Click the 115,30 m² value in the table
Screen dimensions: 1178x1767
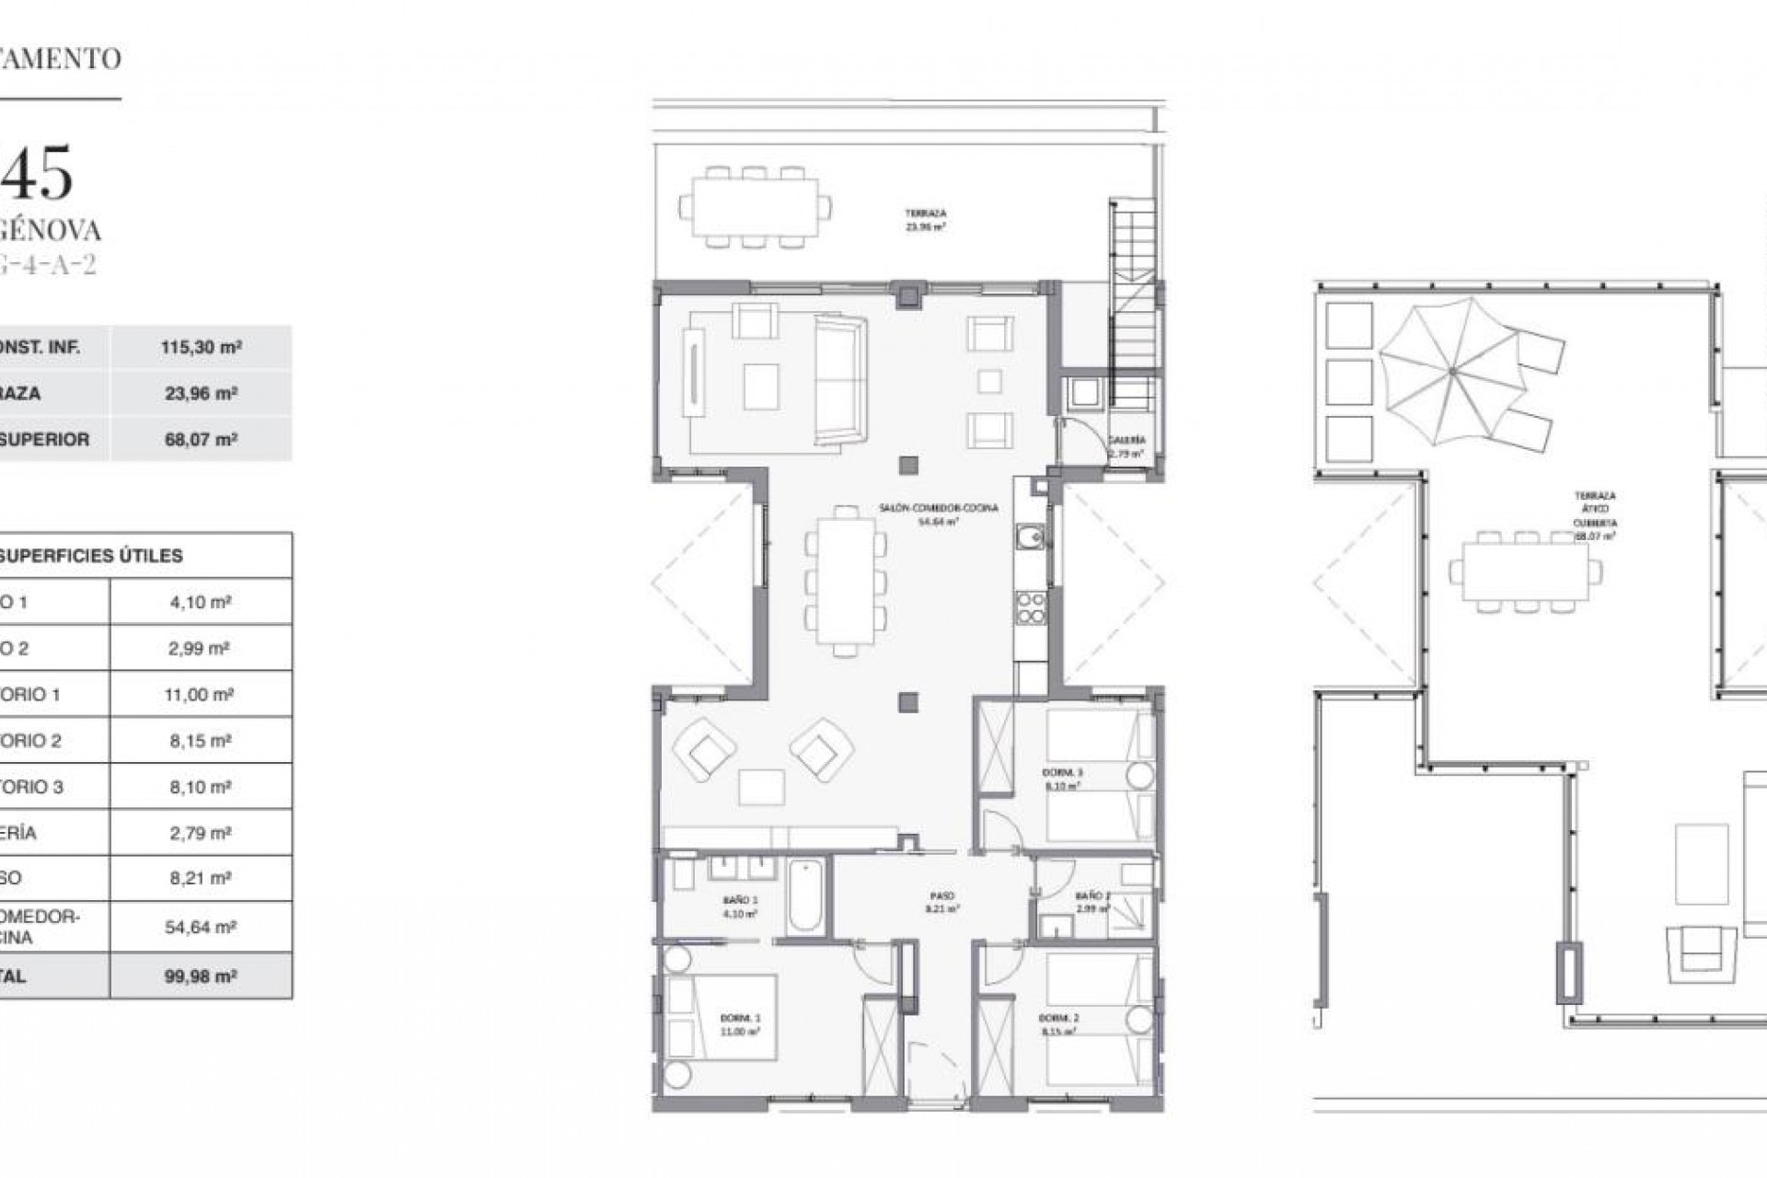pyautogui.click(x=201, y=348)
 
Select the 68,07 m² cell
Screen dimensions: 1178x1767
pyautogui.click(x=201, y=440)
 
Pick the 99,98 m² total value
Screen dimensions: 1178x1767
pyautogui.click(x=201, y=976)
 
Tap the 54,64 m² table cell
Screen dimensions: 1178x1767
pyautogui.click(x=201, y=927)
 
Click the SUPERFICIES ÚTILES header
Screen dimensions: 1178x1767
pyautogui.click(x=91, y=556)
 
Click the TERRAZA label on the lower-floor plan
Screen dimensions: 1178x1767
pyautogui.click(x=926, y=214)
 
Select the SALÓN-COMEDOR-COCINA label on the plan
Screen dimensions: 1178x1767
pyautogui.click(x=939, y=508)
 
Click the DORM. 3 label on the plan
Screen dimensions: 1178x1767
pyautogui.click(x=1062, y=773)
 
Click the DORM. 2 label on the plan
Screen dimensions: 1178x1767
pyautogui.click(x=1059, y=1018)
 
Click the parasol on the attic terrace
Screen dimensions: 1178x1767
pyautogui.click(x=1451, y=371)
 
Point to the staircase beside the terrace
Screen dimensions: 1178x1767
pyautogui.click(x=1133, y=304)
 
